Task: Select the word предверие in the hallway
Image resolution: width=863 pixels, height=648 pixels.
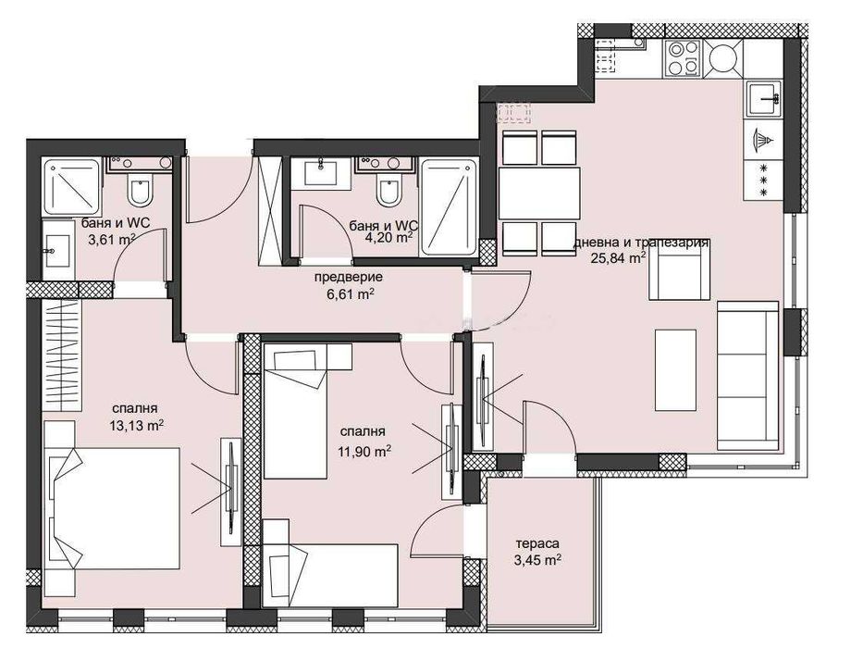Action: click(348, 277)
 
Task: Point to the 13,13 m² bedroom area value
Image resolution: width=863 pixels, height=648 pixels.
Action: click(138, 426)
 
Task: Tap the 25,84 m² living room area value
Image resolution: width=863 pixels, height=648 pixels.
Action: click(618, 258)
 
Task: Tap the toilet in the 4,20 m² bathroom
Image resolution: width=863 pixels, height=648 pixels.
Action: click(388, 192)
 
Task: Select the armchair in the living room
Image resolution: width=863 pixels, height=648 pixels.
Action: click(680, 275)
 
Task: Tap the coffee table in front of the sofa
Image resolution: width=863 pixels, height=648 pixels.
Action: click(674, 368)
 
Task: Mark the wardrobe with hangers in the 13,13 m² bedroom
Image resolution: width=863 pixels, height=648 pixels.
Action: click(63, 348)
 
